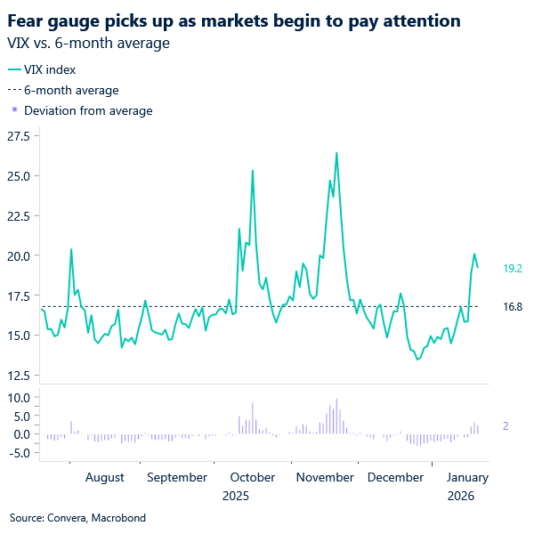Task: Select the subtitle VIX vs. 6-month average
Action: click(90, 42)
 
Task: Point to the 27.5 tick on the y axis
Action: click(19, 136)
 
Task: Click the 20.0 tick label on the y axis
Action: click(19, 256)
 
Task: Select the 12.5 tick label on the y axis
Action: click(19, 375)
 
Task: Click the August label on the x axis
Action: click(105, 478)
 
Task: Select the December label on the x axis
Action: click(395, 478)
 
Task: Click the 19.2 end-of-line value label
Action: click(512, 267)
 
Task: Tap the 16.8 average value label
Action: click(512, 306)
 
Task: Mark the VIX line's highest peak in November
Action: click(336, 153)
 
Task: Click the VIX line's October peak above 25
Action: click(253, 171)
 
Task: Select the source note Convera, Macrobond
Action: click(77, 517)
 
